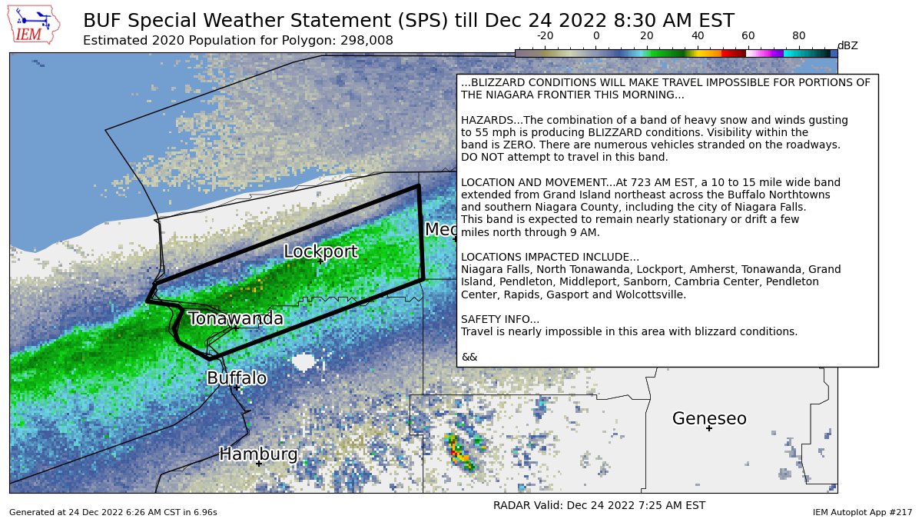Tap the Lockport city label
pyautogui.click(x=320, y=251)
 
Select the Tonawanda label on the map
pyautogui.click(x=235, y=318)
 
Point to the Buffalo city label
pyautogui.click(x=237, y=378)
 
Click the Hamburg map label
pyautogui.click(x=258, y=454)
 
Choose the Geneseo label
pyautogui.click(x=709, y=419)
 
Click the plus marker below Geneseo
pyautogui.click(x=709, y=428)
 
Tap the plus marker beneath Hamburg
pyautogui.click(x=259, y=464)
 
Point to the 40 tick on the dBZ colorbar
pyautogui.click(x=698, y=35)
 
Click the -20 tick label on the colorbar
pyautogui.click(x=545, y=35)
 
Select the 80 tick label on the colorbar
pyautogui.click(x=799, y=35)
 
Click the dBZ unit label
pyautogui.click(x=847, y=46)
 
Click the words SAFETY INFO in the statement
pyautogui.click(x=500, y=319)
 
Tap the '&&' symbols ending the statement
pyautogui.click(x=469, y=357)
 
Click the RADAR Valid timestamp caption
pyautogui.click(x=599, y=505)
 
